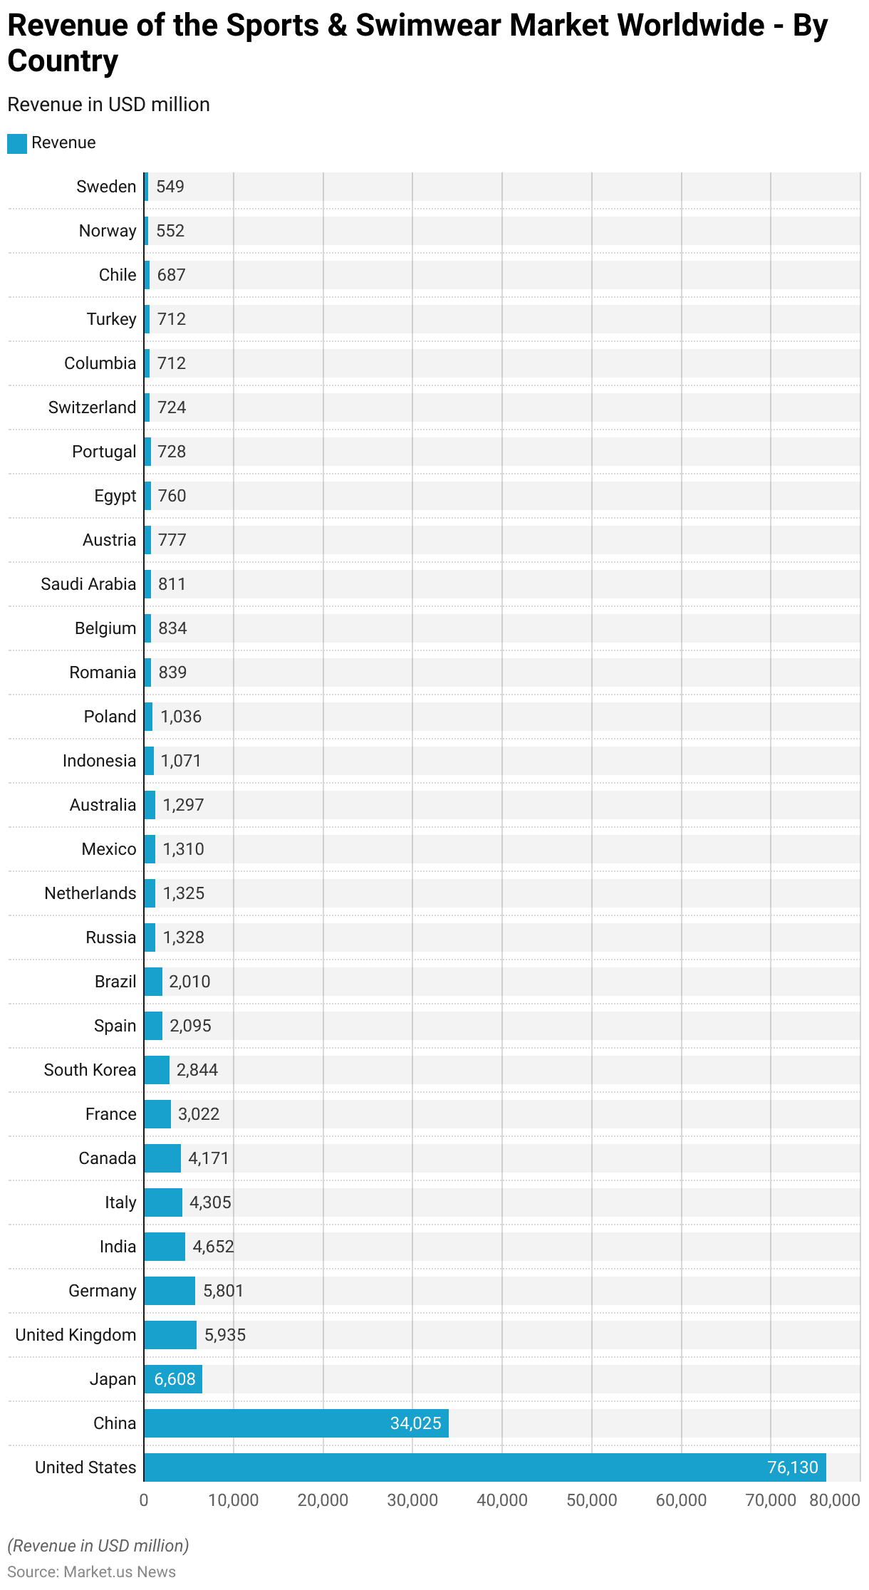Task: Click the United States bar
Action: [484, 1467]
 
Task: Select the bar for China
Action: [296, 1423]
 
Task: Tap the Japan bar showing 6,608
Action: [173, 1378]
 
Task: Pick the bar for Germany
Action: [170, 1290]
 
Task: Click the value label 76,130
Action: [792, 1467]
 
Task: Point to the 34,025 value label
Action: [415, 1423]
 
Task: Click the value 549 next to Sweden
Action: [170, 187]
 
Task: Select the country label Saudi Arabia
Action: [88, 584]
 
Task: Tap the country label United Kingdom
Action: [76, 1334]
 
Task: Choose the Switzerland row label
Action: [92, 407]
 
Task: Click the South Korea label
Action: [90, 1069]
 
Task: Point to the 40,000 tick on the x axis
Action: [502, 1500]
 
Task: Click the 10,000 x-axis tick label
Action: [234, 1500]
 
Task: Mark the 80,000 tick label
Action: [834, 1500]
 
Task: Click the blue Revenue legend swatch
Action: [17, 143]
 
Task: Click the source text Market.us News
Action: [120, 1571]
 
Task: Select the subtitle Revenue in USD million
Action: [108, 105]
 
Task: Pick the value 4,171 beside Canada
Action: [208, 1158]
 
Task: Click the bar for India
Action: [165, 1246]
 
